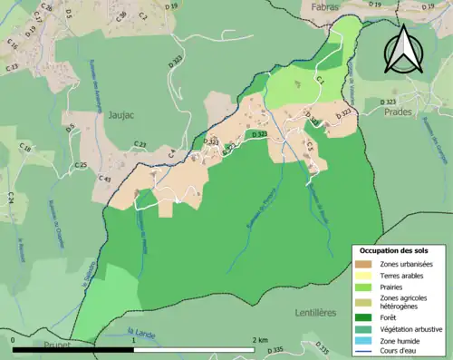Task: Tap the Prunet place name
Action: tap(56, 345)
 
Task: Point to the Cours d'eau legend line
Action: tap(362, 351)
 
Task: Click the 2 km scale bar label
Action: tap(260, 340)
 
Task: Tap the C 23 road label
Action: tap(140, 145)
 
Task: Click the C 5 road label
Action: tap(309, 145)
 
